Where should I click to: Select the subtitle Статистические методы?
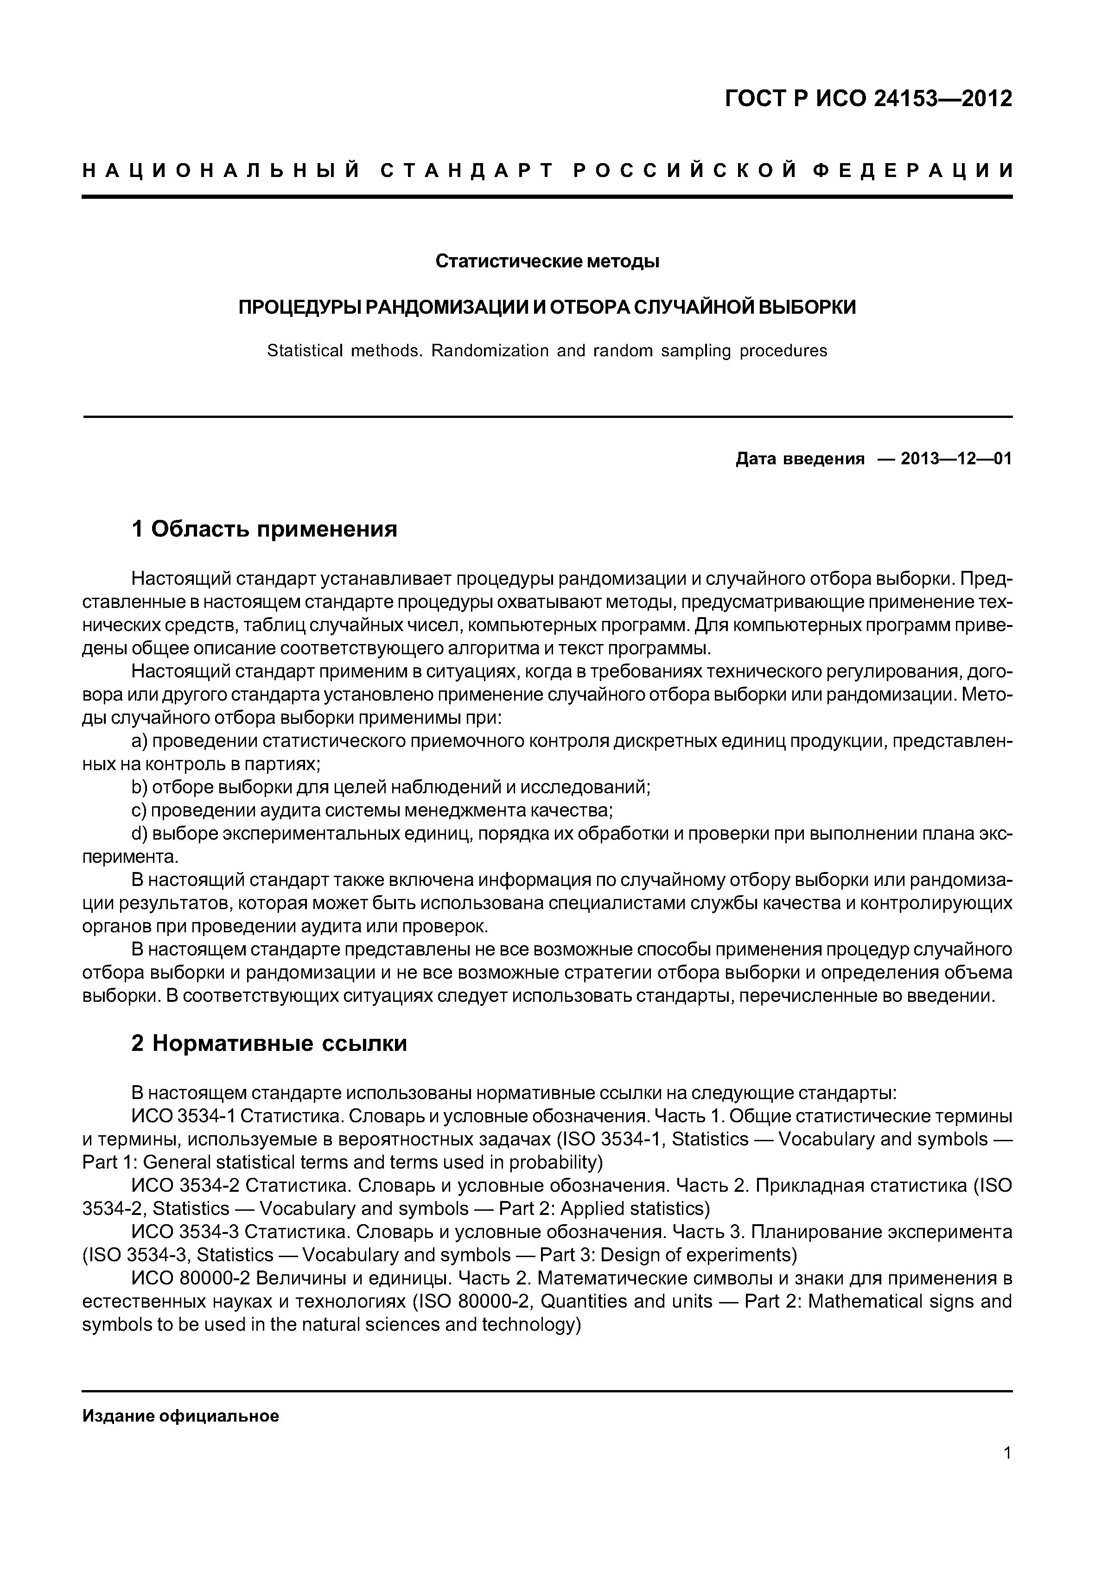547,261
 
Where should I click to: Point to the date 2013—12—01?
956,459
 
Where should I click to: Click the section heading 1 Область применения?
264,529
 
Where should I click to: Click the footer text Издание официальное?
180,1416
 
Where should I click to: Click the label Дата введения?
800,459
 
